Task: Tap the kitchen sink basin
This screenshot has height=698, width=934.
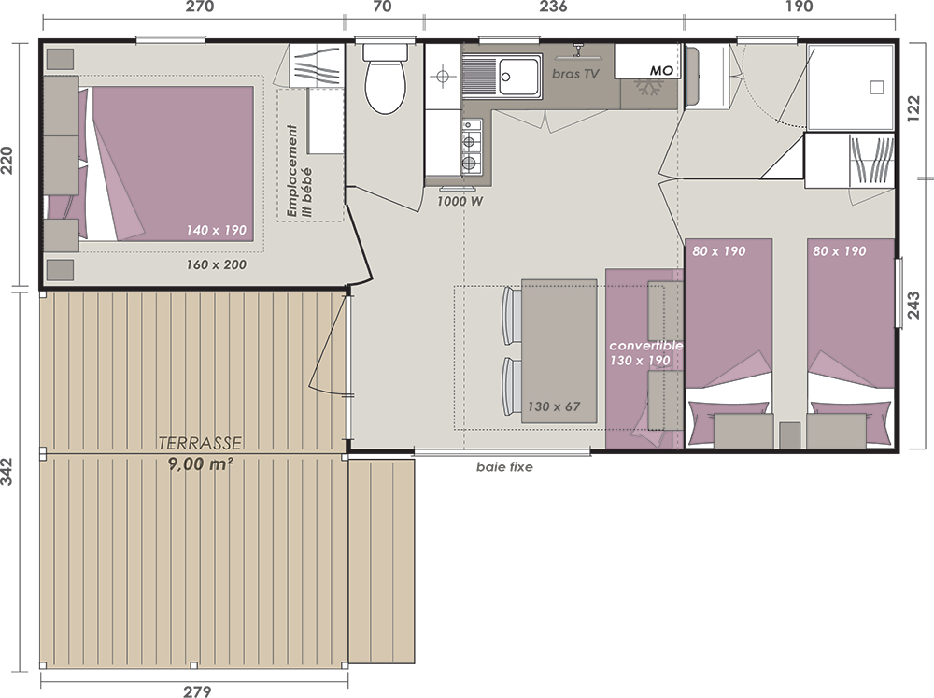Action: coord(518,77)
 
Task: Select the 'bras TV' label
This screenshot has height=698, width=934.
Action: coord(575,74)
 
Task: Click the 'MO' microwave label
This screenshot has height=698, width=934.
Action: coord(661,71)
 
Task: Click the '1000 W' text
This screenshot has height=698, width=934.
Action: coord(460,202)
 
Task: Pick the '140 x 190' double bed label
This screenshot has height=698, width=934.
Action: coord(217,230)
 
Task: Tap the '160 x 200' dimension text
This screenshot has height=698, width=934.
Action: coord(217,264)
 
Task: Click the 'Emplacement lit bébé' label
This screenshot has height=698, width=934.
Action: coord(299,170)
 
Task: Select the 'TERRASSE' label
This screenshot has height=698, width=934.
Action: coord(200,443)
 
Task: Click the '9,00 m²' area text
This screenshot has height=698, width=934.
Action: coord(200,463)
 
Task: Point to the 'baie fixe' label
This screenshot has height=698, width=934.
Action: coord(504,467)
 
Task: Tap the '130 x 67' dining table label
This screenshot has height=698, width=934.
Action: coord(554,406)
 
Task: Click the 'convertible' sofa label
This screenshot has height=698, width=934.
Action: coord(645,346)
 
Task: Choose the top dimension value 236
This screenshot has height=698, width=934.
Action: coord(553,7)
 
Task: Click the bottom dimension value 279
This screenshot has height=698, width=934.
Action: coord(197,691)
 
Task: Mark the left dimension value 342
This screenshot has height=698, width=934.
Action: coord(7,472)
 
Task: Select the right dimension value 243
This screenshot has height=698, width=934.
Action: coord(913,305)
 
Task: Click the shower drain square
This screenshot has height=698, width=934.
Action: coord(877,88)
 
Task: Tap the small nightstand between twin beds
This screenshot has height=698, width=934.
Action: coord(790,435)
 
